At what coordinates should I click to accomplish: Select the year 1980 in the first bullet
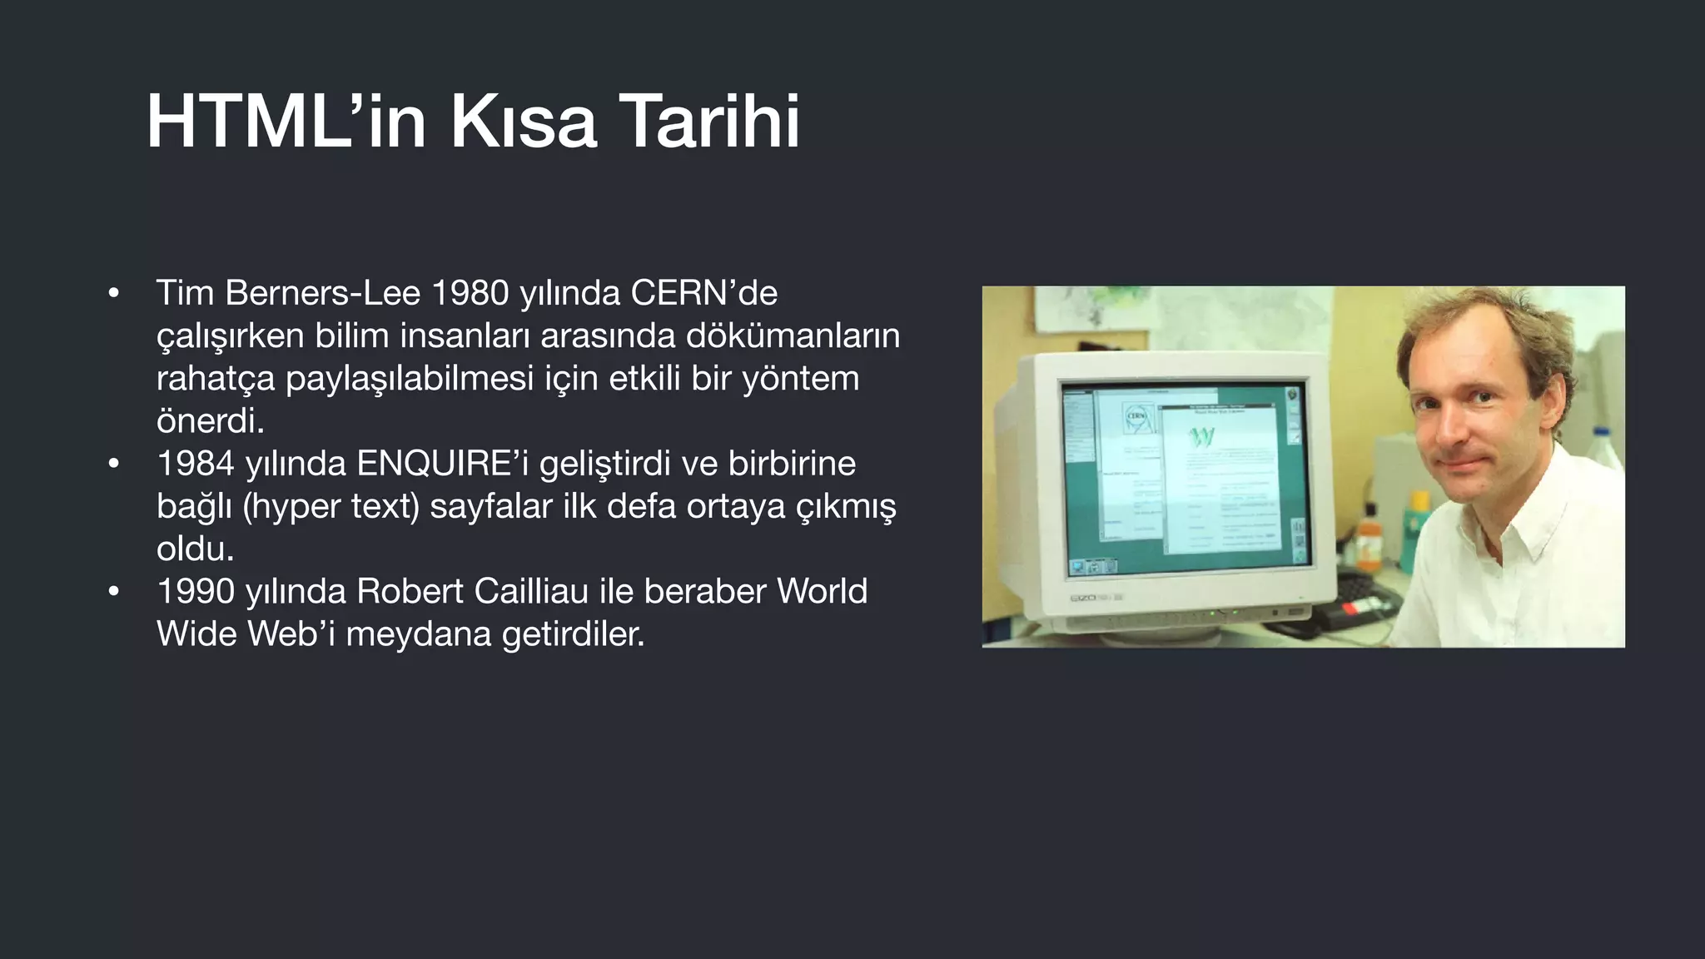470,293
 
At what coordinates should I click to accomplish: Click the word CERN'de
703,293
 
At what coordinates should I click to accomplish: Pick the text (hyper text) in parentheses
331,506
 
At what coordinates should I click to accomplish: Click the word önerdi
210,421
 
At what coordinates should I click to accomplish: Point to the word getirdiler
574,634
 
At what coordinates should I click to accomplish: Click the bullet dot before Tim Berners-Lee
114,294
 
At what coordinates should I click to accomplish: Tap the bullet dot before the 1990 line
114,592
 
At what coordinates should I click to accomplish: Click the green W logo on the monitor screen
1201,436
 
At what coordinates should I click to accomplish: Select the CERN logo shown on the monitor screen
1136,416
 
